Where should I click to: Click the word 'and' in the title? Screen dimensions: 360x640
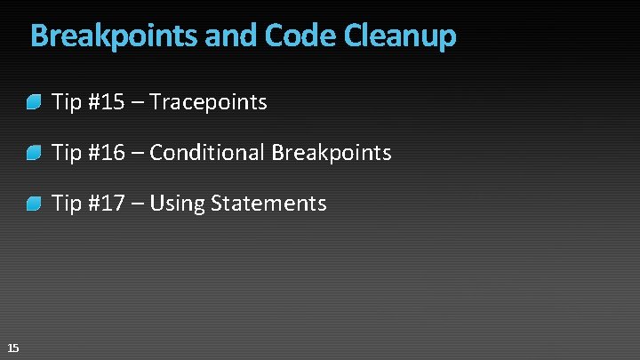(233, 36)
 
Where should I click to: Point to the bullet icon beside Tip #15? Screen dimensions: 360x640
(34, 103)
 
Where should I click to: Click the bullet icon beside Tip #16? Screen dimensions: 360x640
(34, 154)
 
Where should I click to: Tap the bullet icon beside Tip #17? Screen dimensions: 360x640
(34, 204)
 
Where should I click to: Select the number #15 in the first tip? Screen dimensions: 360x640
(107, 102)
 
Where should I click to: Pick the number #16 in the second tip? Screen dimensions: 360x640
(107, 153)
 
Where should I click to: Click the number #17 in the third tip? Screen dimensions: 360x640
(107, 204)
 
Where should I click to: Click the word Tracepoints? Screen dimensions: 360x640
(208, 102)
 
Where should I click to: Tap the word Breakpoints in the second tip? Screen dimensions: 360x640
(332, 153)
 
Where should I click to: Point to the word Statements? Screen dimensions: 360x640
(269, 204)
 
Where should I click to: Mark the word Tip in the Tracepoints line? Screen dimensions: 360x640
(67, 102)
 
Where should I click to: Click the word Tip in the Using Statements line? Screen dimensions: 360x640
(67, 204)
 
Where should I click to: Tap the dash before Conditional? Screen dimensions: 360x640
(138, 154)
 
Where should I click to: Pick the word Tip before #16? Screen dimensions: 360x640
(67, 153)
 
